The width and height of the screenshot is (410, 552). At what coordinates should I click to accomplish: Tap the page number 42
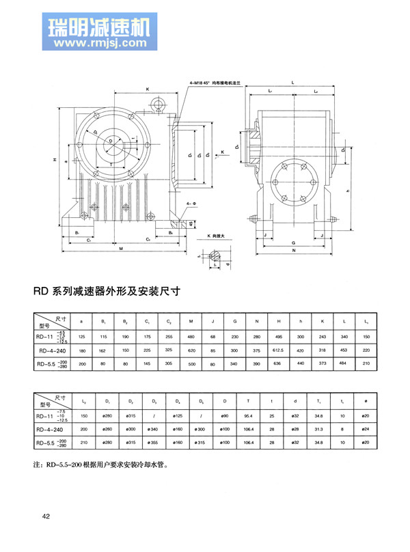46,516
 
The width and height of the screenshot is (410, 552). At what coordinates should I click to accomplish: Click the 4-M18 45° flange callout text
218,83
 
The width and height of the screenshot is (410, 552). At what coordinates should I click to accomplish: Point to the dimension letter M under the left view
121,249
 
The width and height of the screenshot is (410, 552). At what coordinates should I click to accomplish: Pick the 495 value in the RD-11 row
279,336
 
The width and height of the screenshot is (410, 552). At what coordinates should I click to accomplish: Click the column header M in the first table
190,322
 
